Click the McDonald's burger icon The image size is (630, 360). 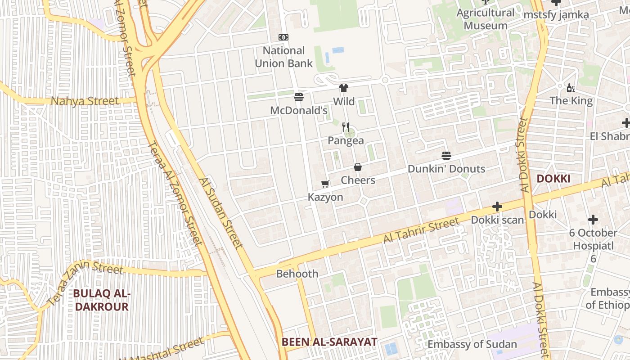(298, 97)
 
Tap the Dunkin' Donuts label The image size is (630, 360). (446, 169)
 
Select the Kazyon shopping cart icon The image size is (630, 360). (325, 184)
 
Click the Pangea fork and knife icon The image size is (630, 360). (346, 127)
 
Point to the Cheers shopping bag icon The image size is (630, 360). (358, 167)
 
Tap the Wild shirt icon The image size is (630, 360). (344, 88)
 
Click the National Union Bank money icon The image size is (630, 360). (283, 37)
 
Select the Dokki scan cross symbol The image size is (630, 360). (497, 207)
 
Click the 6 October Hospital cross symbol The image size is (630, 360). (593, 220)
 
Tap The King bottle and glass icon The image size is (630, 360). (571, 88)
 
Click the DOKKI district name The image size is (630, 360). (553, 179)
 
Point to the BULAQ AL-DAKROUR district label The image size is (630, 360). (102, 300)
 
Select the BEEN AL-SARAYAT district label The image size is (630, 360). (329, 342)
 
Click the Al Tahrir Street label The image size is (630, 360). (421, 230)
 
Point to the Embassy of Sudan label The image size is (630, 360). (472, 344)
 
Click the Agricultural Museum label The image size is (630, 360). (486, 19)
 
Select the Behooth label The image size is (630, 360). (297, 274)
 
